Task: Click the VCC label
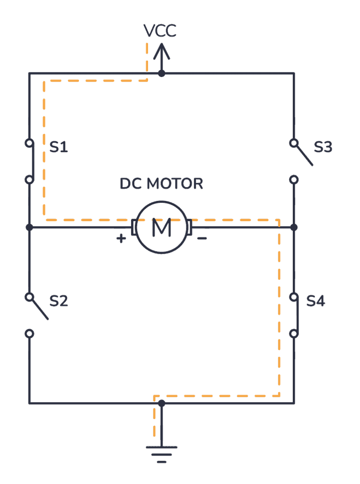click(160, 31)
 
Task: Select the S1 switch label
click(59, 147)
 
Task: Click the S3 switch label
click(323, 147)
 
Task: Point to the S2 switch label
click(59, 301)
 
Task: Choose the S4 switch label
click(316, 301)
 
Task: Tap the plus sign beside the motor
click(122, 239)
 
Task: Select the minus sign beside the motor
click(202, 239)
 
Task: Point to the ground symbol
click(161, 452)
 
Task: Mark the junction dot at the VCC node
click(161, 73)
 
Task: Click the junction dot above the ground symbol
click(161, 403)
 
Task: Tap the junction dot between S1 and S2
click(29, 227)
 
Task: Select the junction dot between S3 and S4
click(294, 227)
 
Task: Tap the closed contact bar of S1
click(32, 161)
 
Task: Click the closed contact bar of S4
click(297, 315)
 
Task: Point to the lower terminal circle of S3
click(294, 180)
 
